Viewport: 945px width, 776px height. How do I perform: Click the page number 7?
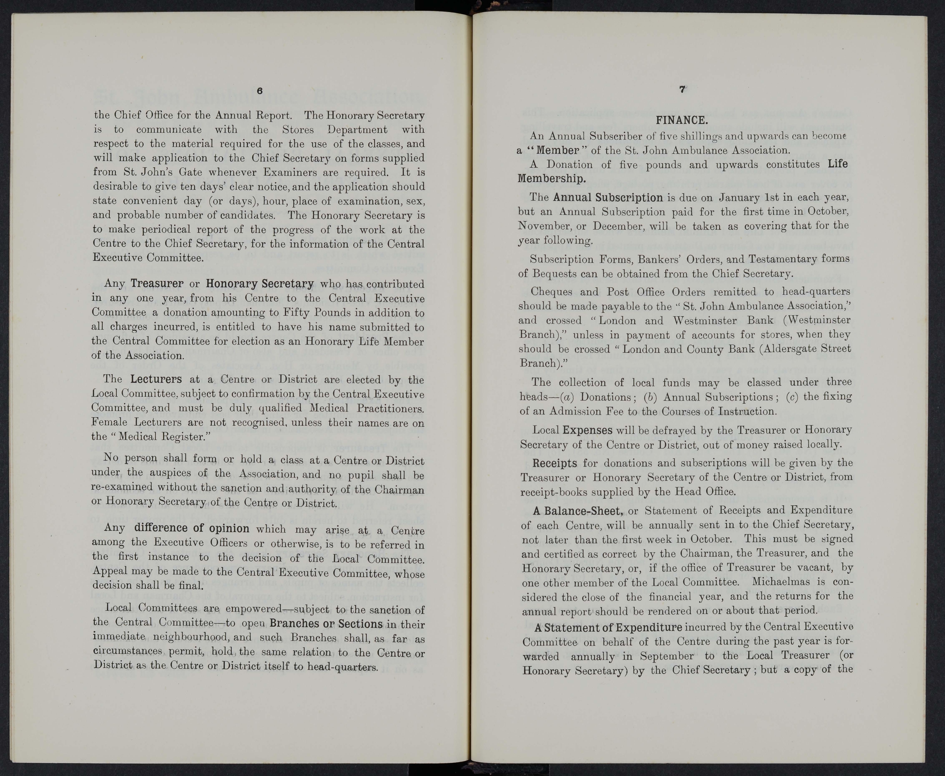click(x=682, y=89)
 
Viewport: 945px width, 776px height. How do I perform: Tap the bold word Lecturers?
click(x=156, y=379)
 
